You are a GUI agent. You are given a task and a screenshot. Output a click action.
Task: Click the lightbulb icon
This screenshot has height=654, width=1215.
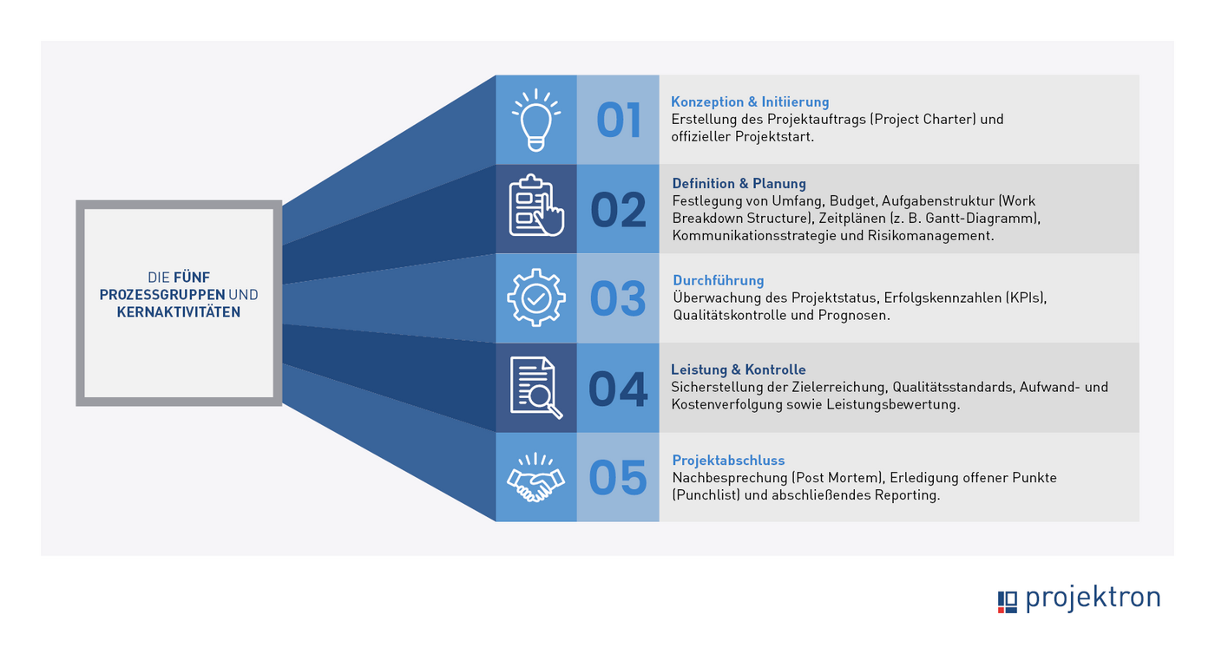pos(535,120)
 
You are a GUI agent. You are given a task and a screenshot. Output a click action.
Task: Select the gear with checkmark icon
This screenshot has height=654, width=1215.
pos(535,298)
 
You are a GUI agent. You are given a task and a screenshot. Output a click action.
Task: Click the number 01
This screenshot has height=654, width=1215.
pos(618,121)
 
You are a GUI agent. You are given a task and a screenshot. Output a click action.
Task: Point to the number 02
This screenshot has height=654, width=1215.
pos(618,211)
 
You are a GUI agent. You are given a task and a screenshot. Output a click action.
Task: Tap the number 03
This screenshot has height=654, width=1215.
pos(618,299)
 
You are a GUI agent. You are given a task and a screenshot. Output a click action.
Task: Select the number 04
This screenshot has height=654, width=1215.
pos(618,389)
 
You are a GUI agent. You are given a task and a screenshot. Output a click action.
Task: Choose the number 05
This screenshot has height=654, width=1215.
pos(618,478)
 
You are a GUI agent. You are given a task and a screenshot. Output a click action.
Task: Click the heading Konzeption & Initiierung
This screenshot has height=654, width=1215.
pos(750,102)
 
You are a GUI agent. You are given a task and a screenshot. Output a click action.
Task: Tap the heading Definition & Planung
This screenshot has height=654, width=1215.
pos(739,184)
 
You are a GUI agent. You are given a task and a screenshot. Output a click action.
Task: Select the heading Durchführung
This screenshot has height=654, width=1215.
pos(719,281)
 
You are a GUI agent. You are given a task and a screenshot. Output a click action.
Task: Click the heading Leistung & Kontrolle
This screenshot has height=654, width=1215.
pos(739,370)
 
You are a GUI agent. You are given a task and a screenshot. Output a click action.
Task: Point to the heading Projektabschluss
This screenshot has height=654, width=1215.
pos(728,461)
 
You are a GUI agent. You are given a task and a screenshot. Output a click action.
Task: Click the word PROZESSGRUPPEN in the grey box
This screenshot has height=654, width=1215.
pos(162,295)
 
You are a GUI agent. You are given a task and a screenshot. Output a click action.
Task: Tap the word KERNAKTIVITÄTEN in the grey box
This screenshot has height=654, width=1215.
pos(179,312)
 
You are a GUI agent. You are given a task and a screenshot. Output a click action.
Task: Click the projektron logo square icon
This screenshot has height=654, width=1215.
pos(1007,601)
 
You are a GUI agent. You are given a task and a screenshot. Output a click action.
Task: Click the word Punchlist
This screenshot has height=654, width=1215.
pos(706,495)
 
